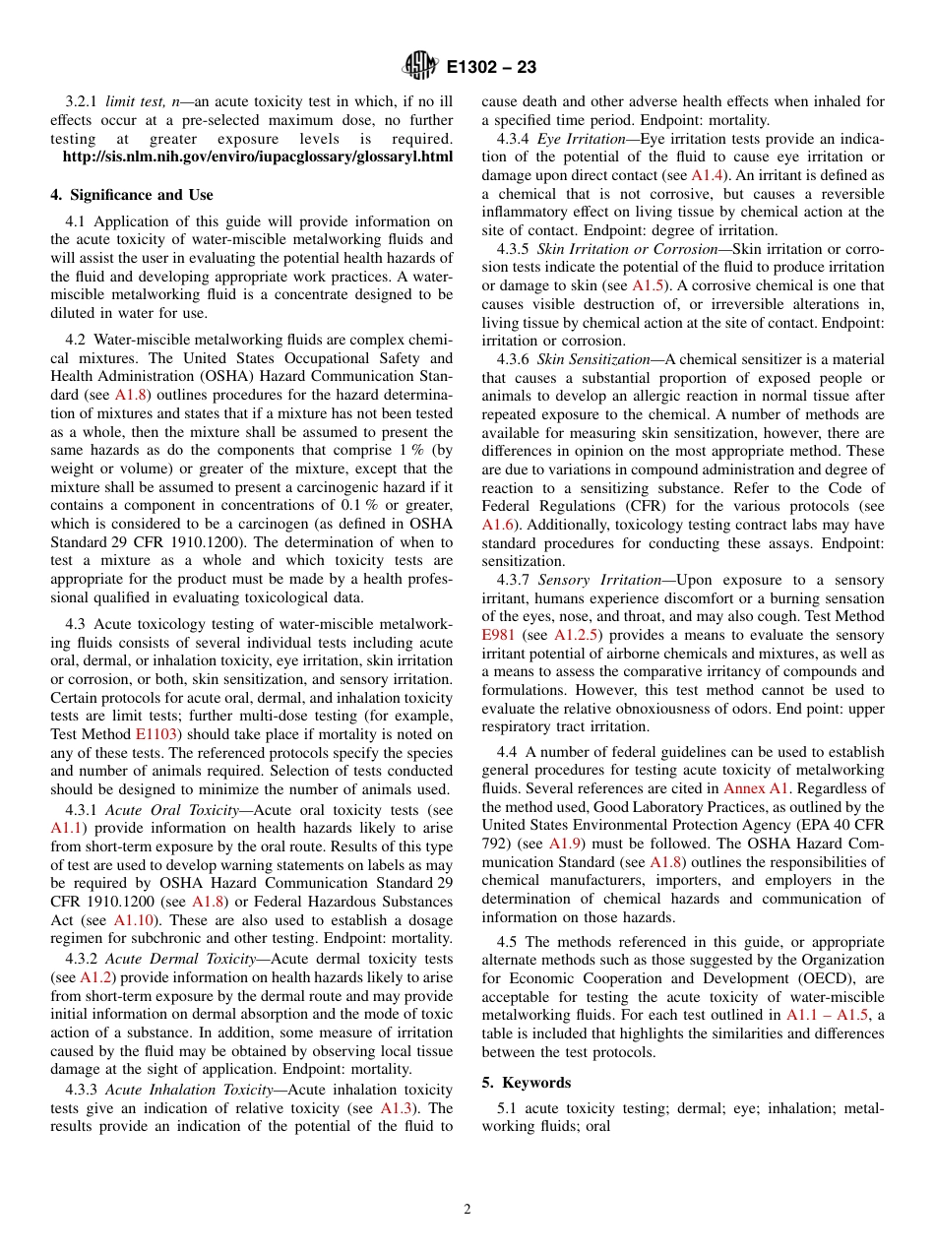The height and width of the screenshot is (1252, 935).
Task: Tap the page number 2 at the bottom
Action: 467,1210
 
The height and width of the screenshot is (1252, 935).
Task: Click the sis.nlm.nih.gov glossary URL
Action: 258,156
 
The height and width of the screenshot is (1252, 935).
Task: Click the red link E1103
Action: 156,734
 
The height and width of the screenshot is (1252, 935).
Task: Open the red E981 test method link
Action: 498,635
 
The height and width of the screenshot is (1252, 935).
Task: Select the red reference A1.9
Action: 564,844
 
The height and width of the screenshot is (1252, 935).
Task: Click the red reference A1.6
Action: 498,525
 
